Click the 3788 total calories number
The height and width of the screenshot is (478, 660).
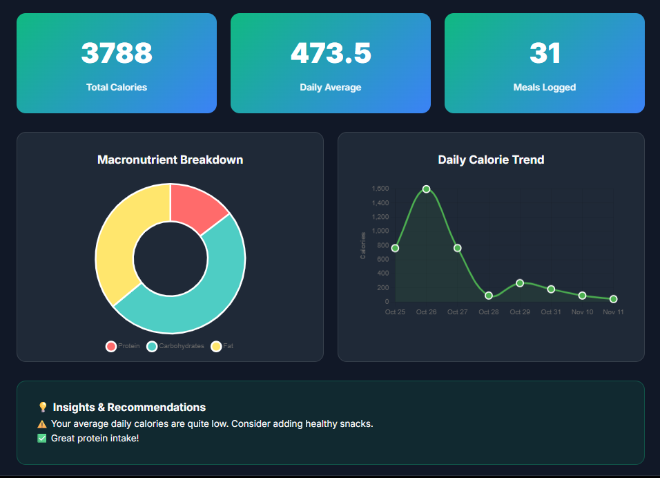117,53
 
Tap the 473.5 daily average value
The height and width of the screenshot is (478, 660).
331,53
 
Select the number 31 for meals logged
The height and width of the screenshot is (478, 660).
545,53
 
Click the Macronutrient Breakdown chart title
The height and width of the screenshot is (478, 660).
170,160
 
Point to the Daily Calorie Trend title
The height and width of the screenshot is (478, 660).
491,160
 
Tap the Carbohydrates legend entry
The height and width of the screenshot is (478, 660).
175,346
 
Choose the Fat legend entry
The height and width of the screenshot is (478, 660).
222,346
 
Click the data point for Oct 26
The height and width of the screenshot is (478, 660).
426,189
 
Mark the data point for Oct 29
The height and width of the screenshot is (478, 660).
520,283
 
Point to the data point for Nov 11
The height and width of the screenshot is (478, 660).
613,299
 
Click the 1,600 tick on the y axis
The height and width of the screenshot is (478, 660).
380,189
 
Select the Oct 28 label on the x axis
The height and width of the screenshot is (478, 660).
489,312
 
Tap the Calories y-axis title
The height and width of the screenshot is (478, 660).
364,245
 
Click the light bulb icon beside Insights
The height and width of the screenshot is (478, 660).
43,408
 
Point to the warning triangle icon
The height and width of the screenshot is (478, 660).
42,424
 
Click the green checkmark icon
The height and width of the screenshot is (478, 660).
42,439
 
